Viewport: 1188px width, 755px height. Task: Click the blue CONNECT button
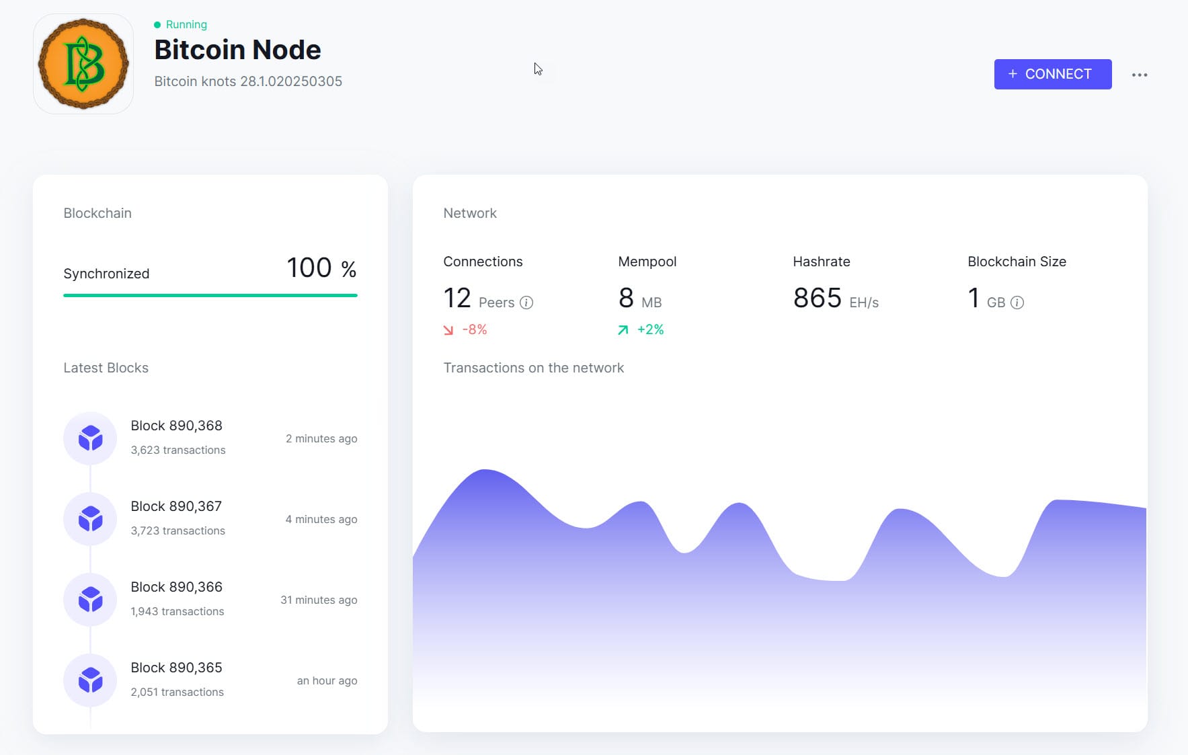click(1052, 74)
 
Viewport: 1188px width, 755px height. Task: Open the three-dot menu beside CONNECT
click(1139, 75)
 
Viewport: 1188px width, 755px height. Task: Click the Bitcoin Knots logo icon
click(83, 64)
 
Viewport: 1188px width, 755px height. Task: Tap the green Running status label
click(186, 24)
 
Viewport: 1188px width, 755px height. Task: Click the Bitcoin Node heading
click(237, 50)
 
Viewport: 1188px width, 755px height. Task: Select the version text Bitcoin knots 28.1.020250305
click(248, 81)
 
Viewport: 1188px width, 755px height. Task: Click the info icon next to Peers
click(526, 303)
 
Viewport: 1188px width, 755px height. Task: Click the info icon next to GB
click(1017, 303)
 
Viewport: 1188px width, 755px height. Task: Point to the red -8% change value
click(474, 329)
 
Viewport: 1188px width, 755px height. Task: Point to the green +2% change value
click(650, 329)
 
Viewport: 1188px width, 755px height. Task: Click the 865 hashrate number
click(817, 298)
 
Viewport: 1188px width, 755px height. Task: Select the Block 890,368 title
click(176, 426)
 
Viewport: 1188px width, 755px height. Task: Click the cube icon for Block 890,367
click(90, 519)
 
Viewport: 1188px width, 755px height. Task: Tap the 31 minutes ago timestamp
click(319, 600)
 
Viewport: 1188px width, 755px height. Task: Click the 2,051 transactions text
click(177, 692)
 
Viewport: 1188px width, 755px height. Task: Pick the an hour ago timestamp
click(327, 680)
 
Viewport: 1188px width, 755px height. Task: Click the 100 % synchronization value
click(321, 268)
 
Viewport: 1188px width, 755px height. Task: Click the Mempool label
click(647, 262)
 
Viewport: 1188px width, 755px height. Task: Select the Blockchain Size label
click(1017, 262)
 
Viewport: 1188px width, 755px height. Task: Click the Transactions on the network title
click(533, 368)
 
